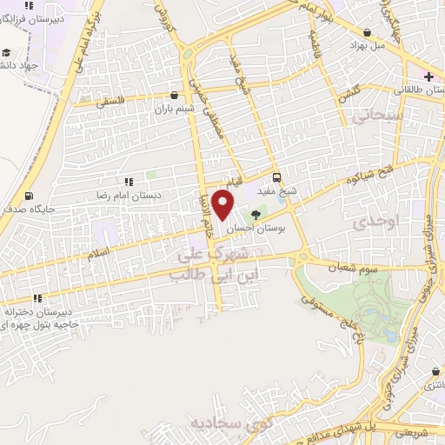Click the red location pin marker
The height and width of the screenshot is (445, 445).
[223, 204]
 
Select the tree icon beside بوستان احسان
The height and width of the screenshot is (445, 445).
[256, 214]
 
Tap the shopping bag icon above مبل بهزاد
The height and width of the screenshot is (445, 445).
[368, 32]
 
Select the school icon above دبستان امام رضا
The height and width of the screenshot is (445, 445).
[128, 182]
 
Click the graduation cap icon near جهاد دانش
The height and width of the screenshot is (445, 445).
[7, 51]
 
